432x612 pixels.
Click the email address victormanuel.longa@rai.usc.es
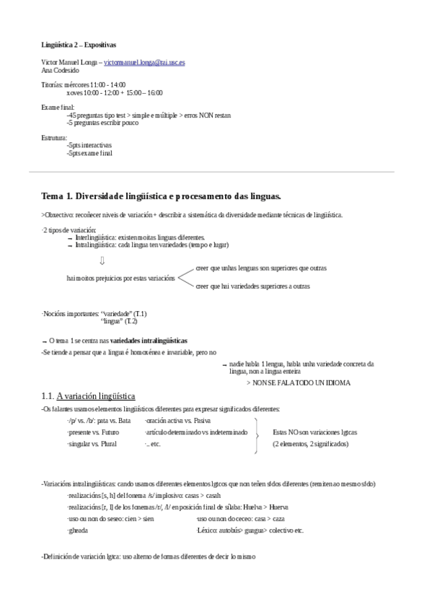coord(144,63)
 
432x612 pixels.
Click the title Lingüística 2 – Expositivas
coord(75,44)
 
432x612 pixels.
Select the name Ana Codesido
coord(62,70)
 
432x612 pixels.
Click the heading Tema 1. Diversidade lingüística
coord(161,196)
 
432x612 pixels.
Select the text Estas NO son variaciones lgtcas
coord(315,432)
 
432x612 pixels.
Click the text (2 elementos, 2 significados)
coord(310,444)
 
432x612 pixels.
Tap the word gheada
coord(77,530)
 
